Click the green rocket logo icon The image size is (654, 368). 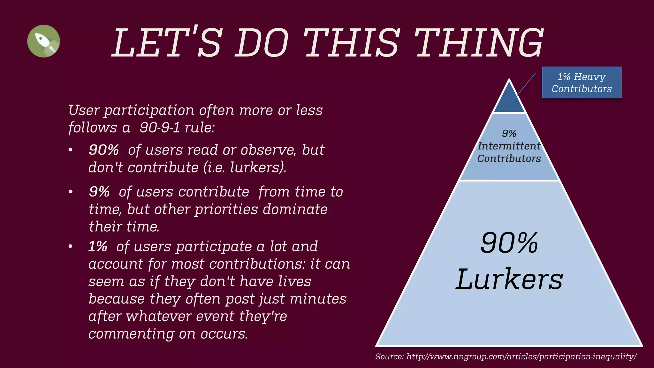click(x=43, y=41)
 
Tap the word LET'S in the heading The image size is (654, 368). click(x=166, y=43)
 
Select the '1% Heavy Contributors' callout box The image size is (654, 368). click(x=582, y=82)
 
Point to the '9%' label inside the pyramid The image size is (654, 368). click(x=509, y=133)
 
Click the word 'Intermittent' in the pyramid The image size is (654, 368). click(x=509, y=146)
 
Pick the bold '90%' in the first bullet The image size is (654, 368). click(x=104, y=150)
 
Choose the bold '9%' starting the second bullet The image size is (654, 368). click(x=99, y=192)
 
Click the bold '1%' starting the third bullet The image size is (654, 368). click(x=98, y=246)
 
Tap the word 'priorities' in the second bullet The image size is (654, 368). click(x=226, y=209)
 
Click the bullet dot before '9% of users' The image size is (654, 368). click(x=71, y=192)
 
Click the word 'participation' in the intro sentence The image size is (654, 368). click(x=149, y=111)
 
